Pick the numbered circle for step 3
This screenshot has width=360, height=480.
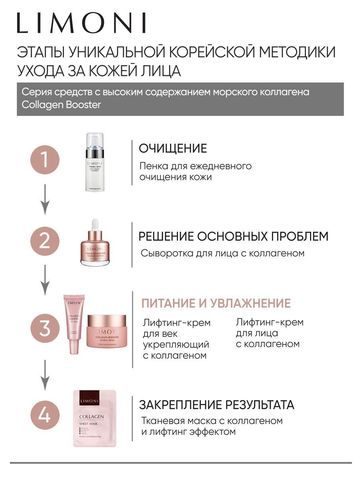[x=45, y=329]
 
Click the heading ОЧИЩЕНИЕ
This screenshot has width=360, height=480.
[x=173, y=148]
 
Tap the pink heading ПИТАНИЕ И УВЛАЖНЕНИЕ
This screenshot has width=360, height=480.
[x=216, y=303]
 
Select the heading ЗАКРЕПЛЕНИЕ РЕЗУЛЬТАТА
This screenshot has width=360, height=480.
[x=216, y=404]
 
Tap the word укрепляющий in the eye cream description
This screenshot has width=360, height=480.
[x=176, y=344]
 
